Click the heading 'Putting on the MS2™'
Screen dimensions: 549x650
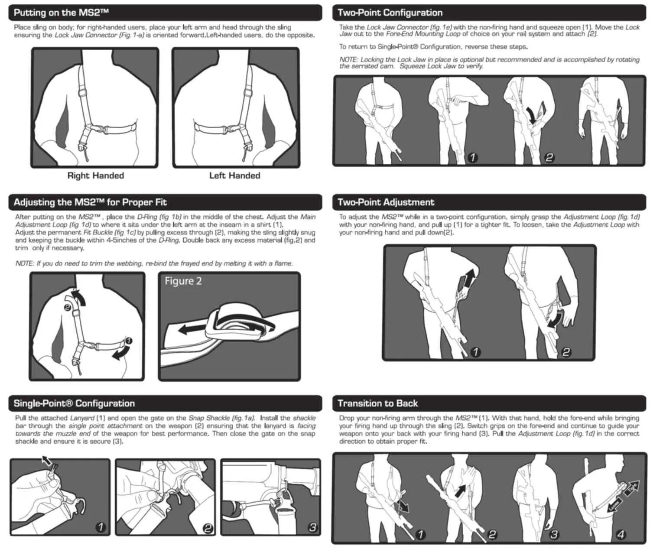point(61,13)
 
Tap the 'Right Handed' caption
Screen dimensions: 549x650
point(95,175)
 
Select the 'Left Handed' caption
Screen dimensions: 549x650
point(234,175)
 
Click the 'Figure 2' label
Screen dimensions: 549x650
point(183,281)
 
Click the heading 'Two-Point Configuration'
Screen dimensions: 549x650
point(390,13)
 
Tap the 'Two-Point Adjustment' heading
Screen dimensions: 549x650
point(385,202)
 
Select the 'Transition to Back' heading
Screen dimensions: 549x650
point(377,403)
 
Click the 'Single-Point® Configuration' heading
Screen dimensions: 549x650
point(74,403)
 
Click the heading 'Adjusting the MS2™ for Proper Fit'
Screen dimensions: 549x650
point(90,202)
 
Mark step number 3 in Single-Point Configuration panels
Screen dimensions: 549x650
point(312,527)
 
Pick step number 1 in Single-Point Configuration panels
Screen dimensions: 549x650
point(101,527)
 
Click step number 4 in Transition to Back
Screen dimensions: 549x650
point(621,534)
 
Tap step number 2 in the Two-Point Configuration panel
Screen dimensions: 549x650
point(549,158)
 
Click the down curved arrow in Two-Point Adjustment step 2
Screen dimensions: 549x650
point(556,320)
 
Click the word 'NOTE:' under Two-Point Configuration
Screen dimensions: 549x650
point(348,60)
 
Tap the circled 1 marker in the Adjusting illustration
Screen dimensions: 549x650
point(129,341)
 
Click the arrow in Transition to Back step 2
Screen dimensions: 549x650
point(461,491)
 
